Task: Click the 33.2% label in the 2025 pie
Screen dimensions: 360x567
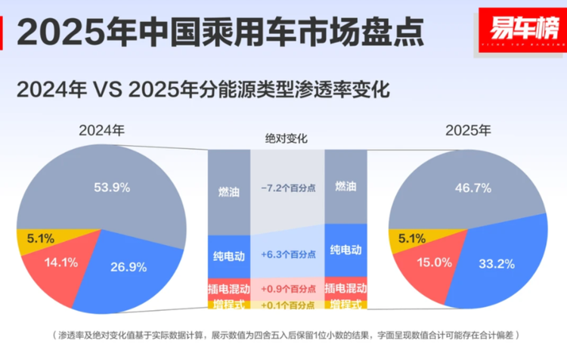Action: [x=497, y=265]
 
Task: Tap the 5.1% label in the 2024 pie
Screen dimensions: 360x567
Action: [x=36, y=239]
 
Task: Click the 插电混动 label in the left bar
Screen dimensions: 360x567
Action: [x=228, y=288]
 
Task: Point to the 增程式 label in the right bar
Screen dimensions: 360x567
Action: [x=345, y=305]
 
